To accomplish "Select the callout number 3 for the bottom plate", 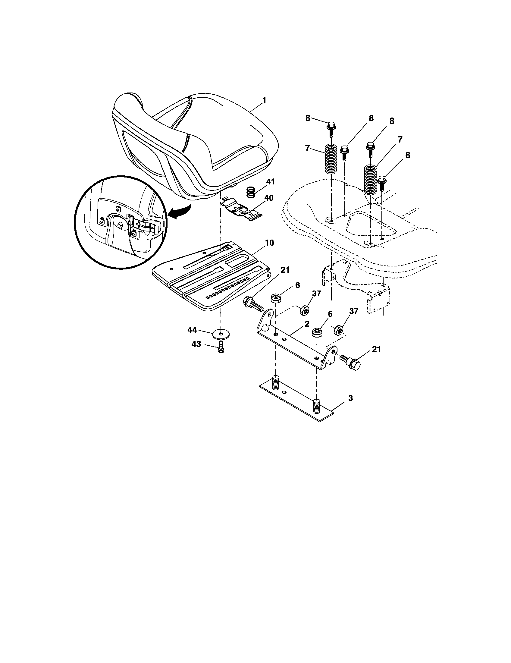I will pyautogui.click(x=350, y=398).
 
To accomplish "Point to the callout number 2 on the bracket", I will pyautogui.click(x=307, y=324).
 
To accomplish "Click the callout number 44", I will pyautogui.click(x=193, y=330).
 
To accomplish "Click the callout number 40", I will pyautogui.click(x=269, y=198).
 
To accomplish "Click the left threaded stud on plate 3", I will pyautogui.click(x=276, y=382).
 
